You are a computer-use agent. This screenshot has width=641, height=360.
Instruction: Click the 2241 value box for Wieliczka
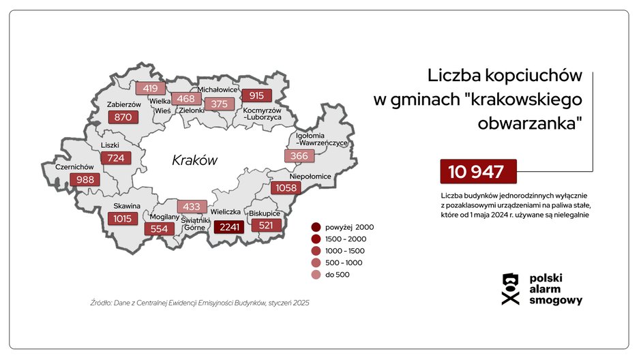pos(229,227)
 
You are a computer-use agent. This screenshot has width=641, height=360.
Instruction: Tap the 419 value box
pos(150,88)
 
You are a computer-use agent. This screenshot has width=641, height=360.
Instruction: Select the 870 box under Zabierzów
pos(123,117)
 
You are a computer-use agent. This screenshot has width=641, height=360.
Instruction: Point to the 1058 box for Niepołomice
pos(285,187)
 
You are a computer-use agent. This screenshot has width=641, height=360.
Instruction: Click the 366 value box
pos(299,156)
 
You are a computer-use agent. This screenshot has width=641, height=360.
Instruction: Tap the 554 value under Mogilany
pos(159,228)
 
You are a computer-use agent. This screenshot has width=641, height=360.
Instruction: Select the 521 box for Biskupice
pos(266,224)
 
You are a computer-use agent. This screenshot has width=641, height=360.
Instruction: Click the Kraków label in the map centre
pos(194,161)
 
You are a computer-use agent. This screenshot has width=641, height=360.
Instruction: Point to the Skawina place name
pos(128,206)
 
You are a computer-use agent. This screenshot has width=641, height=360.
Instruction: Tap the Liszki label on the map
pos(110,145)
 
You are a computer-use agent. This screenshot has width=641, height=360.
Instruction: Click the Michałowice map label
pos(217,89)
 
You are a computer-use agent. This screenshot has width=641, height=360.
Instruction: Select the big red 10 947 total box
pos(478,171)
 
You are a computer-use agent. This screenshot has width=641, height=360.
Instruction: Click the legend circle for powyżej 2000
pos(316,227)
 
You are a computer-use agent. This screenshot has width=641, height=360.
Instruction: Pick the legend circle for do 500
pos(316,274)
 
